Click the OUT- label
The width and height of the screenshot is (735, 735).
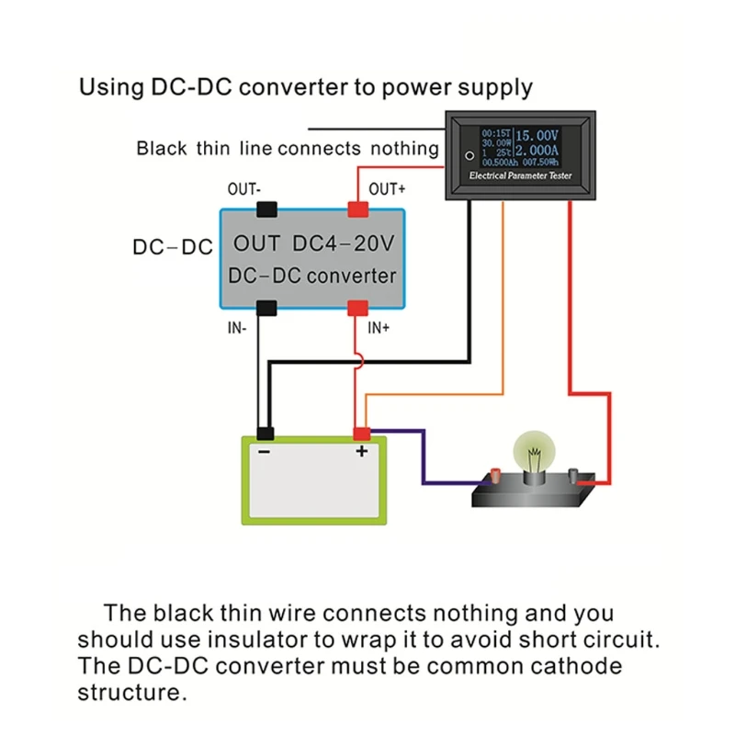[x=244, y=189]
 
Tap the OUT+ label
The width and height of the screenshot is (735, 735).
[x=387, y=189]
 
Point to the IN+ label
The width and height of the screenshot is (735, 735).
[x=379, y=326]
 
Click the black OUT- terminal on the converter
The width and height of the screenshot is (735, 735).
[x=266, y=209]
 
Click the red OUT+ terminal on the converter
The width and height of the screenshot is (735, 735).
[x=356, y=209]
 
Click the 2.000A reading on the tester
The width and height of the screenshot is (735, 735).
[x=537, y=150]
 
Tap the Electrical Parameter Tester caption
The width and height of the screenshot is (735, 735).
[x=520, y=175]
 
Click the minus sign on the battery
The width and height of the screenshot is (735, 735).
[x=264, y=451]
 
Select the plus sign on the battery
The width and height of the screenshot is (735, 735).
[x=361, y=451]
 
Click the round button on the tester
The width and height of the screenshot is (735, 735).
[x=469, y=155]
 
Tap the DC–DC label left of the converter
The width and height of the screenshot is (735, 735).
[x=173, y=247]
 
